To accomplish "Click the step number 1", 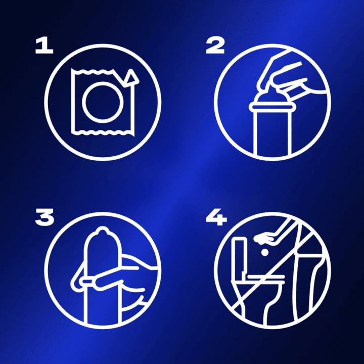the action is pyautogui.click(x=44, y=46).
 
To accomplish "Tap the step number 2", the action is pyautogui.click(x=215, y=46).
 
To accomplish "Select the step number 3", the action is pyautogui.click(x=44, y=217).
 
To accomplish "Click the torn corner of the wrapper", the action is pyautogui.click(x=131, y=77).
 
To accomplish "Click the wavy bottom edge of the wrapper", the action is pyautogui.click(x=102, y=132).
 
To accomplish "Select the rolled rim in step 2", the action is pyautogui.click(x=270, y=107).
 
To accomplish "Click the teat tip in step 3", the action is pyautogui.click(x=102, y=231).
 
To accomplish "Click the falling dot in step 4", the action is pyautogui.click(x=264, y=252).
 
